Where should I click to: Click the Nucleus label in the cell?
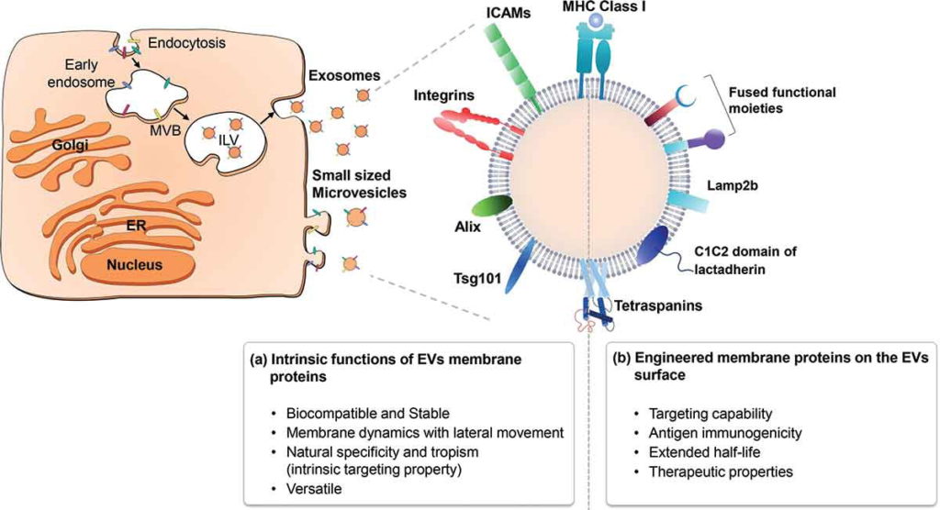(132, 266)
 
